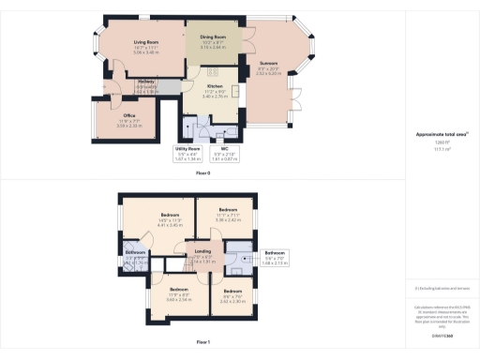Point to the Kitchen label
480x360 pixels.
pyautogui.click(x=215, y=89)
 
